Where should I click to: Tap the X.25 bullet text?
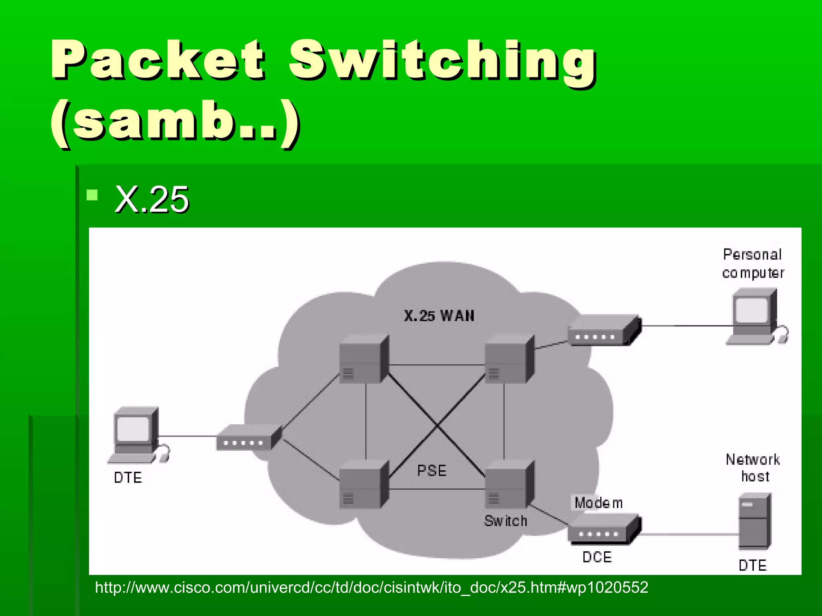point(152,199)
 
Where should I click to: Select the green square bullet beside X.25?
point(92,195)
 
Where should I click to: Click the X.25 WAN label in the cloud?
point(439,316)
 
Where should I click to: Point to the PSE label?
point(431,470)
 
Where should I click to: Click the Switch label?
point(505,521)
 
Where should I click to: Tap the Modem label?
point(598,503)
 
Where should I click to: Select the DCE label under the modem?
point(597,557)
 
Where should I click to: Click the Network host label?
point(753,468)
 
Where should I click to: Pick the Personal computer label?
point(753,263)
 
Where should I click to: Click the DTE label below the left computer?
point(128,478)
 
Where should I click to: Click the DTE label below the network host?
point(753,565)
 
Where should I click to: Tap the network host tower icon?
point(755,521)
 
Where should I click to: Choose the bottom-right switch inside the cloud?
point(509,485)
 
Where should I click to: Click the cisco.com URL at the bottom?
point(371,588)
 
